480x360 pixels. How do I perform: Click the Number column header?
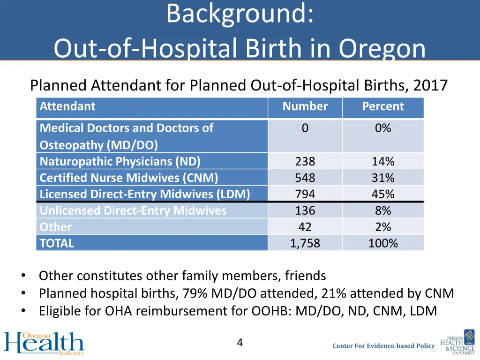305,106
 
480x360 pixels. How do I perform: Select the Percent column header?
382,106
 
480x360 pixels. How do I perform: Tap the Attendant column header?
67,106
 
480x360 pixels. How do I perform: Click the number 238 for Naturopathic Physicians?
305,162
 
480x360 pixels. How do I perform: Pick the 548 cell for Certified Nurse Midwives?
305,178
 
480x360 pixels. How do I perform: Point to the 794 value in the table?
305,194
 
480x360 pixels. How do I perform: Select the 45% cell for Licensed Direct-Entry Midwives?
382,194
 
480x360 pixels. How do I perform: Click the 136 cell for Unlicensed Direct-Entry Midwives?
305,210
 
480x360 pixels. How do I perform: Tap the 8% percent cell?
382,210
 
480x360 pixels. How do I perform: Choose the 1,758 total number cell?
305,243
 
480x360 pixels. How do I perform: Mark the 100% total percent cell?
382,243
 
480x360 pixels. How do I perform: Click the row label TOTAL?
57,243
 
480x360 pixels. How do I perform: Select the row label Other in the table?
56,227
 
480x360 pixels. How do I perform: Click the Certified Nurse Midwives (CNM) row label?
129,178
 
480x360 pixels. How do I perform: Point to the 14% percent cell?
382,162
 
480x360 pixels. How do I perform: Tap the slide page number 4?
240,343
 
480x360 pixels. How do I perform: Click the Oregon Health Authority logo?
44,344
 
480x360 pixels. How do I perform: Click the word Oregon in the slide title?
382,48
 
